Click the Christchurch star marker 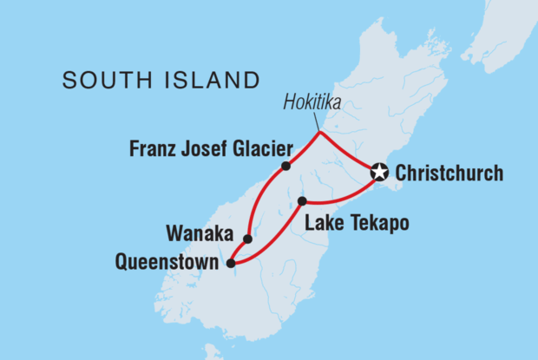coord(379,173)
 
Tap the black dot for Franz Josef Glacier coord(285,166)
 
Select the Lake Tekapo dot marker coord(302,201)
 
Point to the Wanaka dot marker coord(248,239)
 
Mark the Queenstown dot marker coord(230,263)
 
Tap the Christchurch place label coord(448,173)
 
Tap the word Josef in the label coord(199,147)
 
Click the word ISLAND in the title coord(209,81)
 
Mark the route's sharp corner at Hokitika coord(320,133)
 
